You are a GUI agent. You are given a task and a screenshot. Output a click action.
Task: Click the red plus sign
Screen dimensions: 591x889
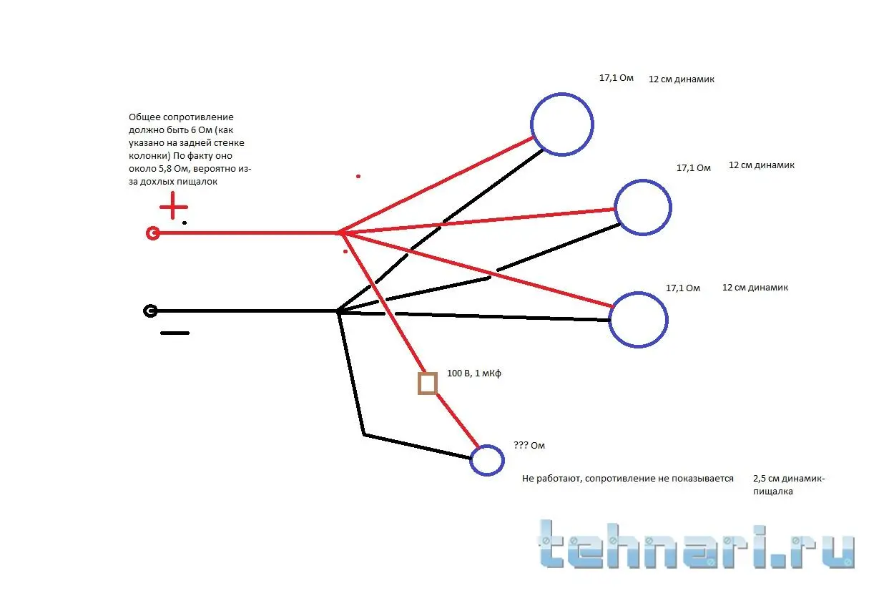tap(172, 208)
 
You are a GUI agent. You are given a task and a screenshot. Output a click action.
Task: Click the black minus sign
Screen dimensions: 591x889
tap(175, 333)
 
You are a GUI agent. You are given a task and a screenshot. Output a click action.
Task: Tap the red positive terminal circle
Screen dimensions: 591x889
tap(152, 233)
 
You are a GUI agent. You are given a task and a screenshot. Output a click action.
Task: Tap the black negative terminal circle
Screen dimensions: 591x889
tap(150, 311)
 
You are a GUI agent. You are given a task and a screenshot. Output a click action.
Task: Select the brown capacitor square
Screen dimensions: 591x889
tap(428, 384)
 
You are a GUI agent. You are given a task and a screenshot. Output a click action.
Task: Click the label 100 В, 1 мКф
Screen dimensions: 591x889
tap(474, 373)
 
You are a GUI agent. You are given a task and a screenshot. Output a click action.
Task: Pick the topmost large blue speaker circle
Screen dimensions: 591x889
tap(562, 124)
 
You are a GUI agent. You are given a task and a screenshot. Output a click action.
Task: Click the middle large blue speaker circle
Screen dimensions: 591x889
tap(642, 207)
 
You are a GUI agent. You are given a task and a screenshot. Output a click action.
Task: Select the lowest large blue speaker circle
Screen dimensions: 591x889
tap(638, 319)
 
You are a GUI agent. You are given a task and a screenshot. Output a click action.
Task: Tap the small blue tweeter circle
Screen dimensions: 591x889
tap(487, 460)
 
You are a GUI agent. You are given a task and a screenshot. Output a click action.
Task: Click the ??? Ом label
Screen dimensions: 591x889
tap(529, 446)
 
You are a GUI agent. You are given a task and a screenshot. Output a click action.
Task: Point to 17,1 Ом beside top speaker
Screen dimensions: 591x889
tap(617, 78)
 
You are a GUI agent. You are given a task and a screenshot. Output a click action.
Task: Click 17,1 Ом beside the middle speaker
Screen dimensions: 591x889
tap(694, 168)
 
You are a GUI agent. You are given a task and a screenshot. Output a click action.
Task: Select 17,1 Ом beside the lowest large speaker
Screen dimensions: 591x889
tap(683, 288)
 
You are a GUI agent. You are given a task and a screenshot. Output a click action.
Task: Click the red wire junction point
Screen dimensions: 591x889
tap(338, 233)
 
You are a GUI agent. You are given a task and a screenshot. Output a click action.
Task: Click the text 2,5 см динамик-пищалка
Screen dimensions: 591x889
tap(788, 485)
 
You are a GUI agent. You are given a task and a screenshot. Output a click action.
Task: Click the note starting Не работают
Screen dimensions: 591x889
tap(628, 479)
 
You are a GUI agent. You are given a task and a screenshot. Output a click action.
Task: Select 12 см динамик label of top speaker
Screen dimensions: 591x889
tap(682, 79)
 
